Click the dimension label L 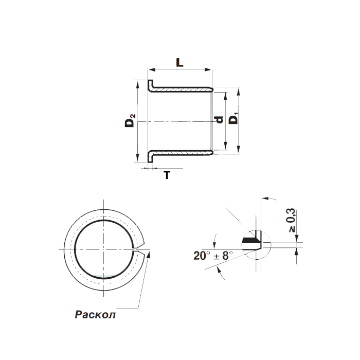coord(180,62)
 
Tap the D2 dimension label coord(130,121)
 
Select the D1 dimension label coord(234,118)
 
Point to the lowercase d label coord(219,120)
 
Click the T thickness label coord(167,175)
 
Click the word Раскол coord(95,314)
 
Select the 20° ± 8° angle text coord(213,256)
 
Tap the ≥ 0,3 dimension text coord(291,220)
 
